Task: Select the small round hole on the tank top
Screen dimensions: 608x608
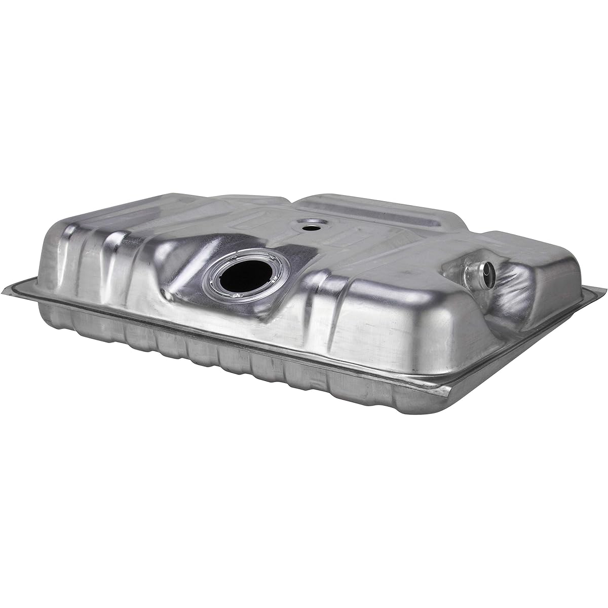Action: [x=309, y=226]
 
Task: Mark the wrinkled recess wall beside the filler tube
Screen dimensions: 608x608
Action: [x=512, y=294]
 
